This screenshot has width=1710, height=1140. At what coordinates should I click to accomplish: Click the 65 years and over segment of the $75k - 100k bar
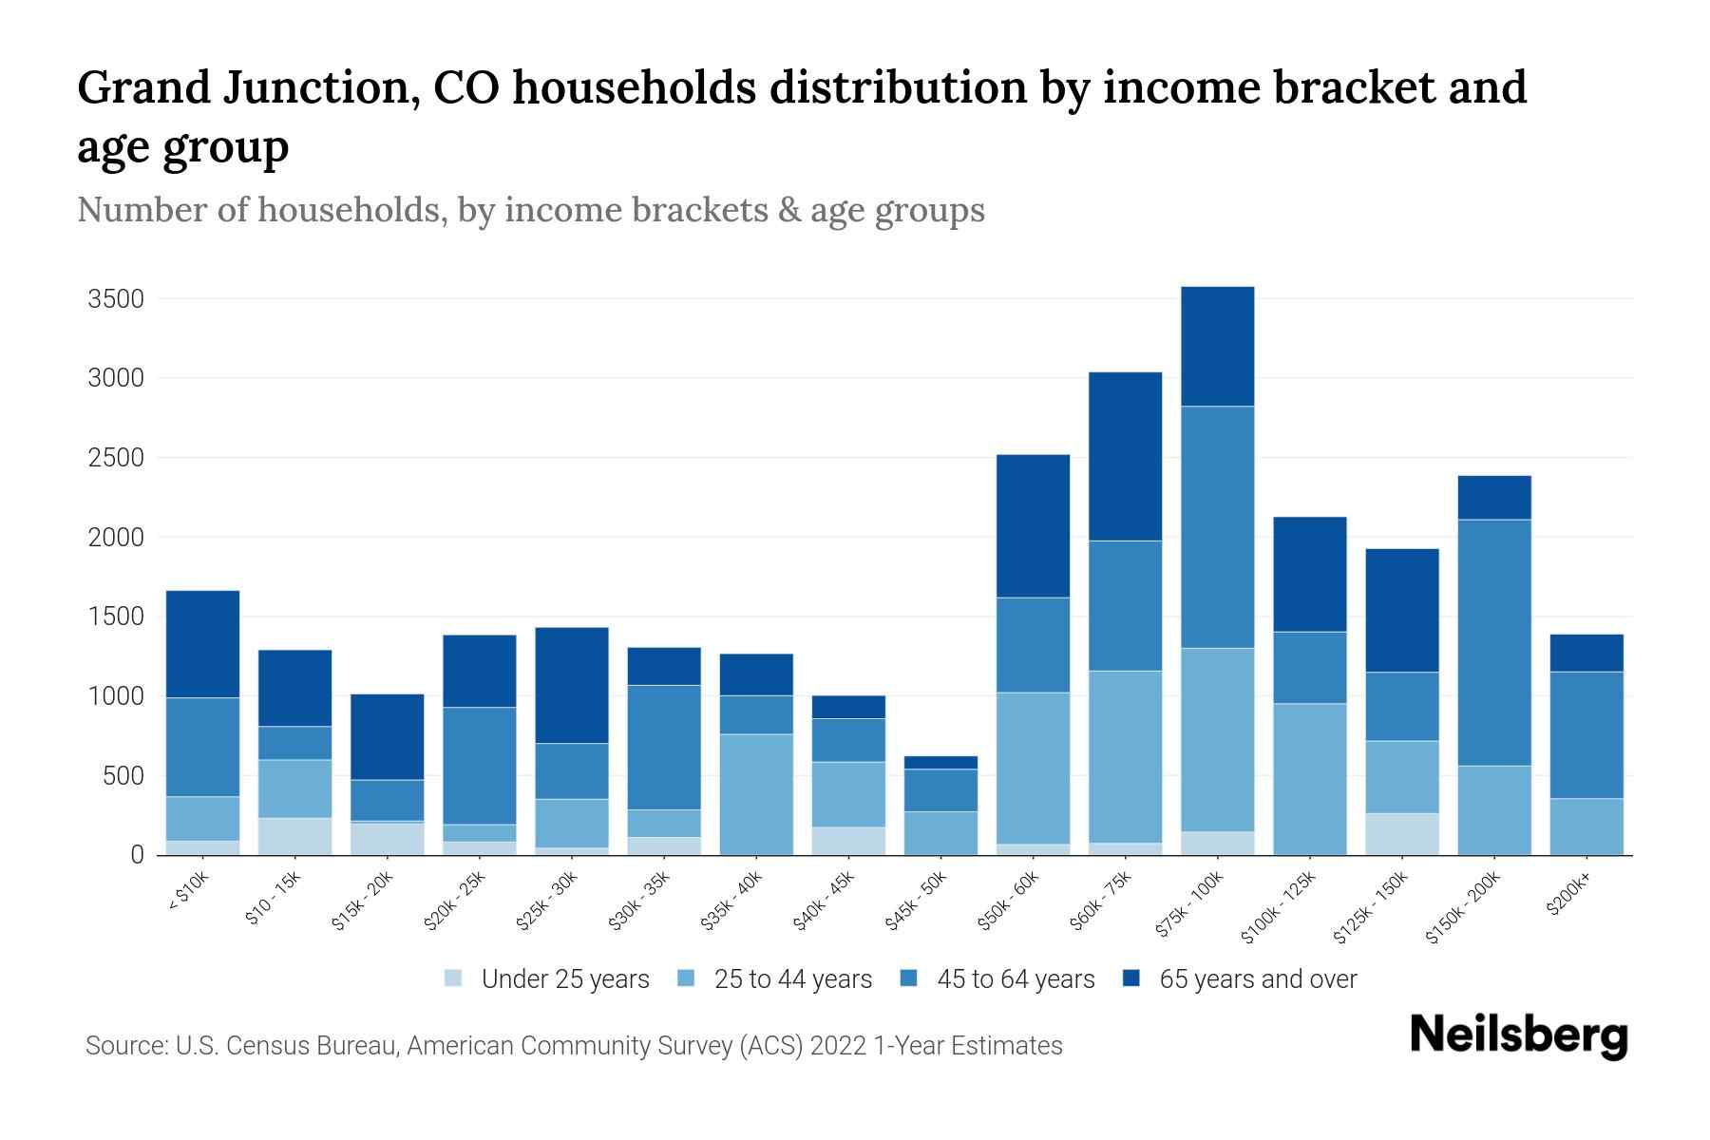coord(1217,346)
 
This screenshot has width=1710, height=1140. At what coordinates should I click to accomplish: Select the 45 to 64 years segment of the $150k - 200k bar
coord(1494,642)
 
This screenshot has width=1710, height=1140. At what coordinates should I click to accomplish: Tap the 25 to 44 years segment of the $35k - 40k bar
coord(756,794)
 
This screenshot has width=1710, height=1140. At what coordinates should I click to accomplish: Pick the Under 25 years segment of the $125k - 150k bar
coord(1402,834)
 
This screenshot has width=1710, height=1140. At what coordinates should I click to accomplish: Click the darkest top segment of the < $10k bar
coord(202,644)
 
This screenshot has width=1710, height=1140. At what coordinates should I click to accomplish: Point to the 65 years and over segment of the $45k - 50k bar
coord(940,762)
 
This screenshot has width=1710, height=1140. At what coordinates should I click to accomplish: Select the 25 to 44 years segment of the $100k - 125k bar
coord(1310,779)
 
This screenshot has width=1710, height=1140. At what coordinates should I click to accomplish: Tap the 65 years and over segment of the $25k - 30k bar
coord(572,685)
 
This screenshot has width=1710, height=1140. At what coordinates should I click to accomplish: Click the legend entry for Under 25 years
coord(564,979)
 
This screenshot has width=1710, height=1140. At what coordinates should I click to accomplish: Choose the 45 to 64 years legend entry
coord(1015,979)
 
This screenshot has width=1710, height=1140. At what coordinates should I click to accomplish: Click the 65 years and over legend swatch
coord(1131,978)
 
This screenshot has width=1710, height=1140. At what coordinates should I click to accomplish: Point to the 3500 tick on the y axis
coord(115,299)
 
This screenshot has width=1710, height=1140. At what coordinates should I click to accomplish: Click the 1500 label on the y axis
coord(115,617)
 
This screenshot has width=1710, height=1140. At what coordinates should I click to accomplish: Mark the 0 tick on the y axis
coord(137,856)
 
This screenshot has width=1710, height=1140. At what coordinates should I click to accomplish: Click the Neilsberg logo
coord(1518,1035)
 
